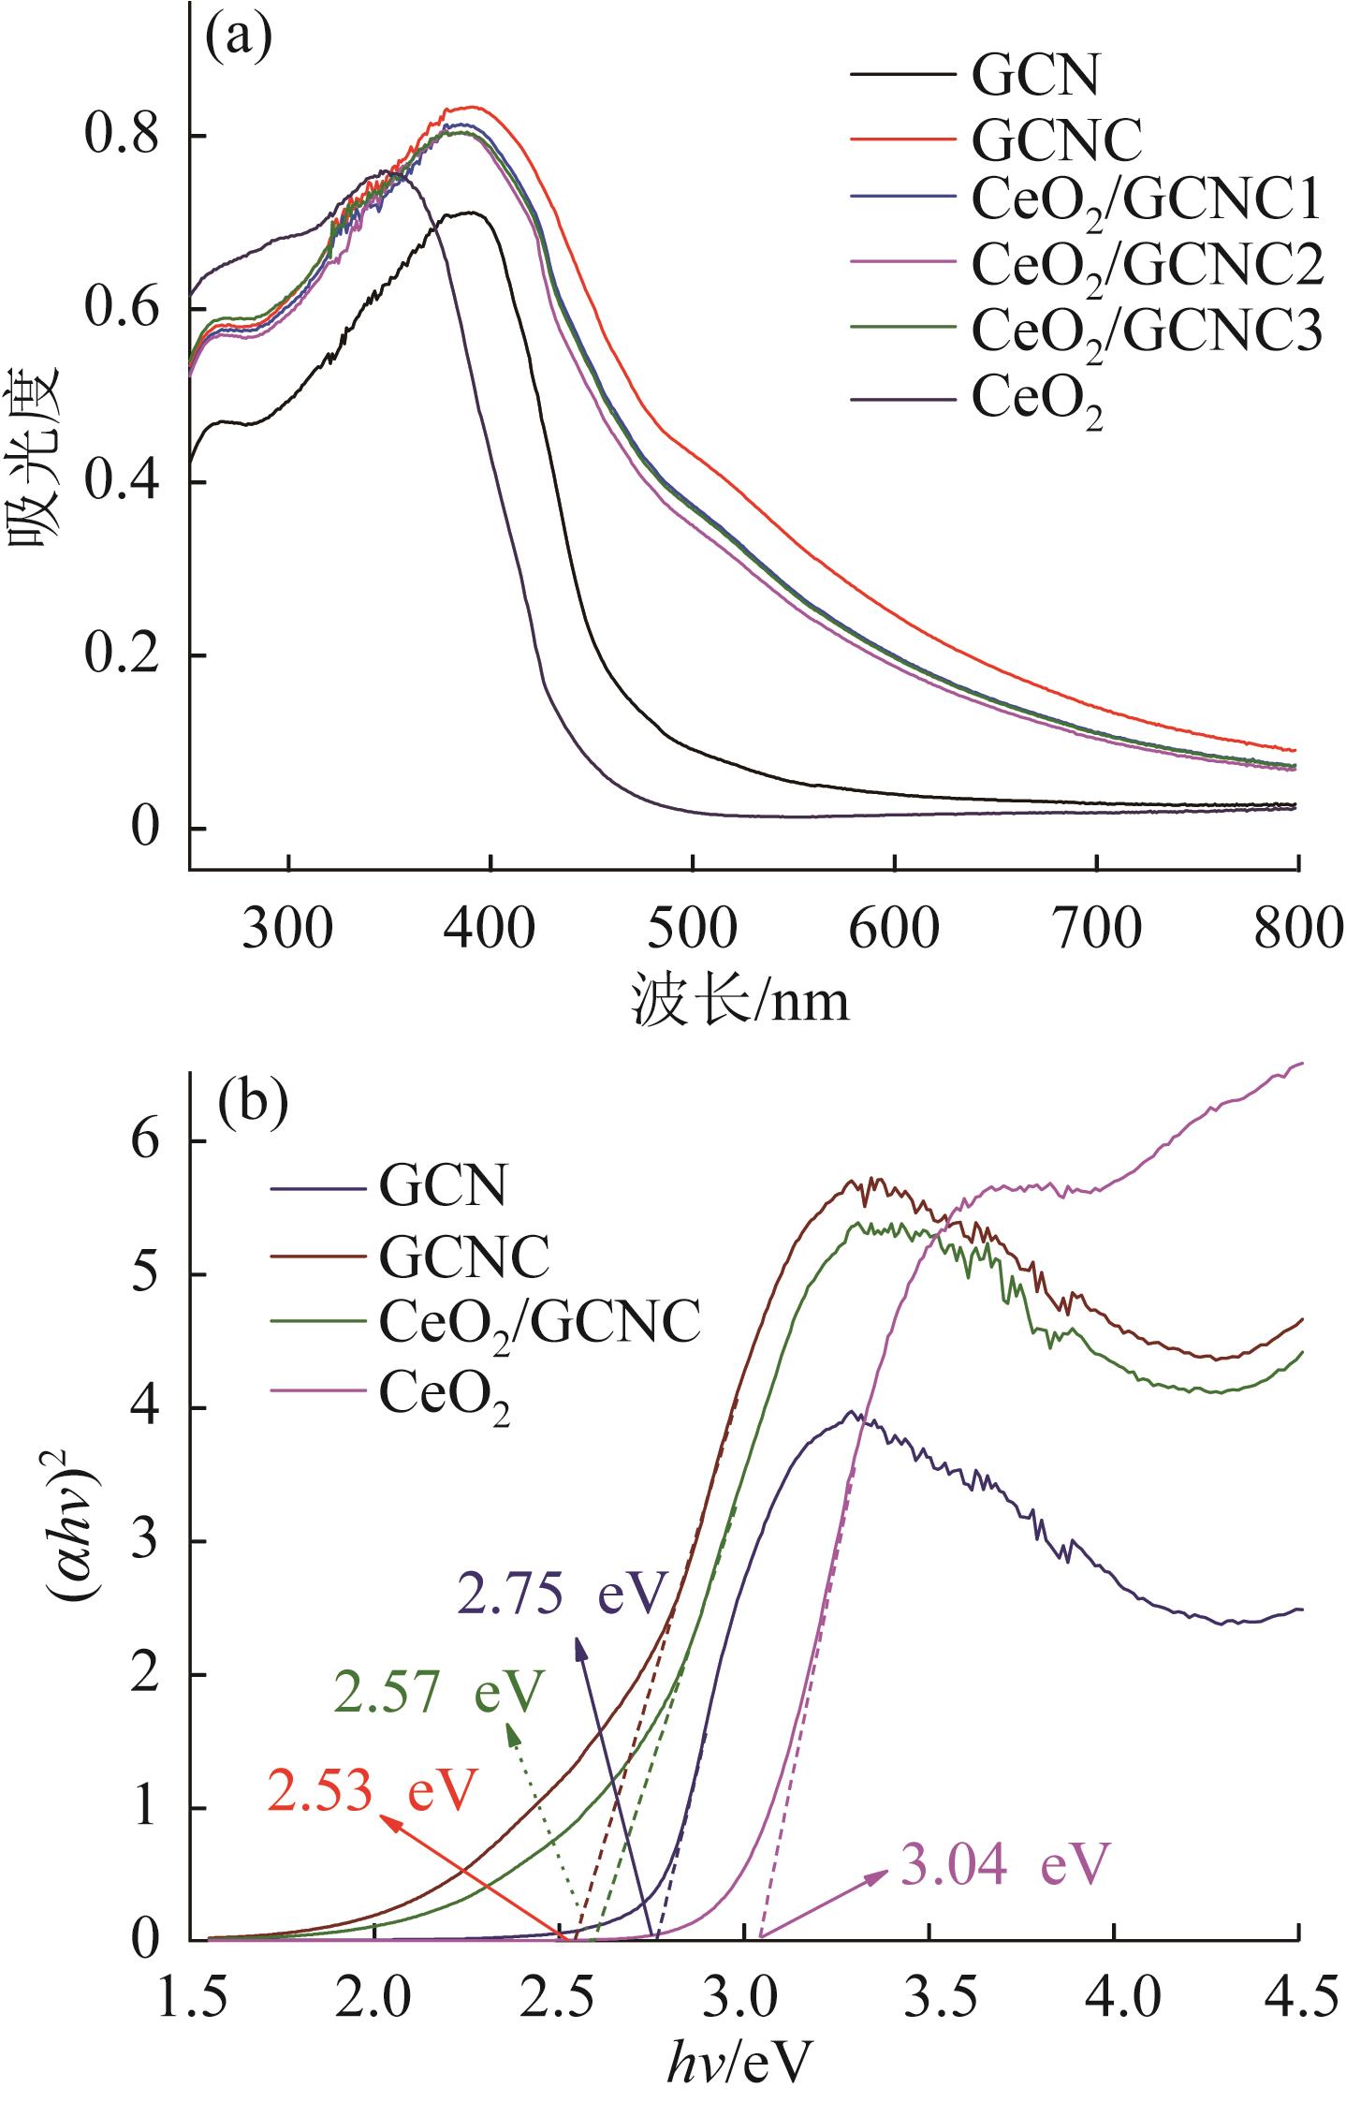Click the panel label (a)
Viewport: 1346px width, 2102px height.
pyautogui.click(x=238, y=39)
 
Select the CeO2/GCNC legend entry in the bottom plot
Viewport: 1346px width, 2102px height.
pyautogui.click(x=539, y=1325)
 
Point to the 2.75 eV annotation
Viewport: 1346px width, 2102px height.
pyautogui.click(x=562, y=1594)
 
